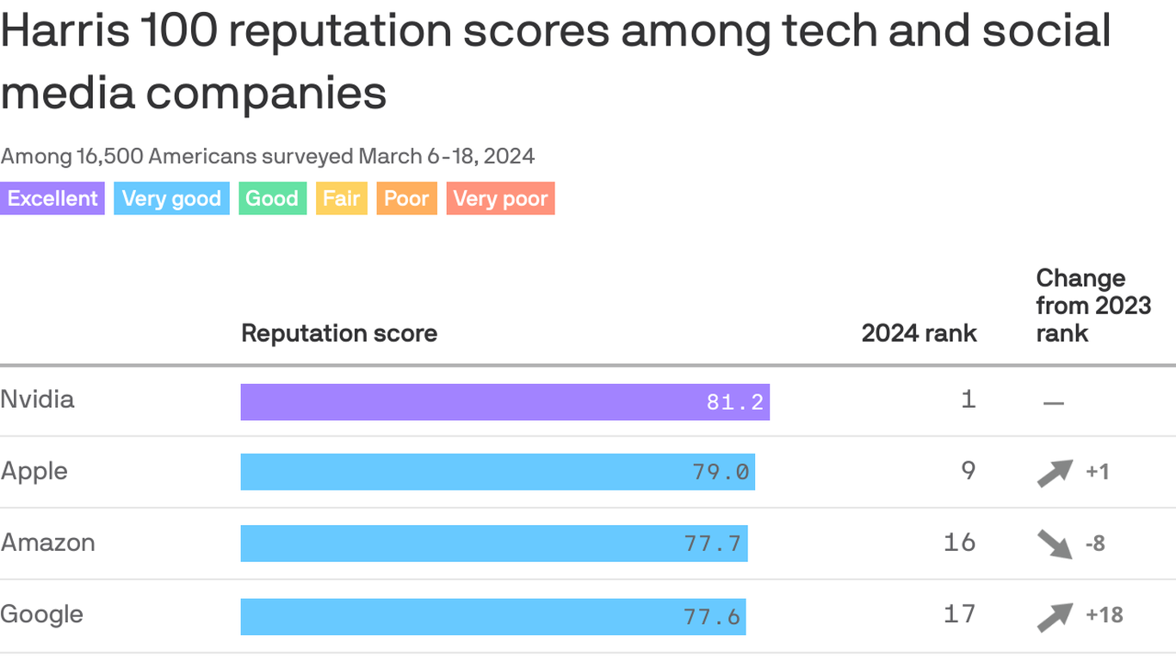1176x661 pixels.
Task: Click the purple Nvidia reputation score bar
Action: pyautogui.click(x=504, y=402)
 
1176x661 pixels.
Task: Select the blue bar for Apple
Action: pyautogui.click(x=498, y=472)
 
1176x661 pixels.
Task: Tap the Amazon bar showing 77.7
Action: pyautogui.click(x=494, y=543)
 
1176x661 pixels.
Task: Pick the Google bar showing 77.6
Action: pyautogui.click(x=493, y=616)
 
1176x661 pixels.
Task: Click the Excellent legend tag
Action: pyautogui.click(x=53, y=199)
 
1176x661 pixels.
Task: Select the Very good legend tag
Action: pyautogui.click(x=171, y=199)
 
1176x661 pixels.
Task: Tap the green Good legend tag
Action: pyautogui.click(x=272, y=199)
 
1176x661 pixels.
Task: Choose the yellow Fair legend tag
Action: pyautogui.click(x=342, y=199)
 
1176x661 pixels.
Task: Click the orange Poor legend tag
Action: pyautogui.click(x=406, y=199)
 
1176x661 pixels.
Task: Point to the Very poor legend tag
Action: pyautogui.click(x=500, y=199)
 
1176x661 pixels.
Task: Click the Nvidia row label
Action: pyautogui.click(x=38, y=399)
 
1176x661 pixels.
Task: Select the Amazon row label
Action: pyautogui.click(x=48, y=543)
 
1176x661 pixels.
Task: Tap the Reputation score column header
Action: pyautogui.click(x=339, y=333)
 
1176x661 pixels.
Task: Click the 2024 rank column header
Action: pyautogui.click(x=919, y=333)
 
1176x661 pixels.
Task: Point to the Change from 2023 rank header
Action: pyautogui.click(x=1093, y=306)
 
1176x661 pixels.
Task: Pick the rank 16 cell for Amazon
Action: pyautogui.click(x=960, y=542)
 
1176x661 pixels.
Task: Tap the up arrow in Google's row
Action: pyautogui.click(x=1055, y=616)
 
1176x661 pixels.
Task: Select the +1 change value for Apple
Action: pyautogui.click(x=1097, y=472)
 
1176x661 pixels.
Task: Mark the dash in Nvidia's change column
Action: pyautogui.click(x=1053, y=403)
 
